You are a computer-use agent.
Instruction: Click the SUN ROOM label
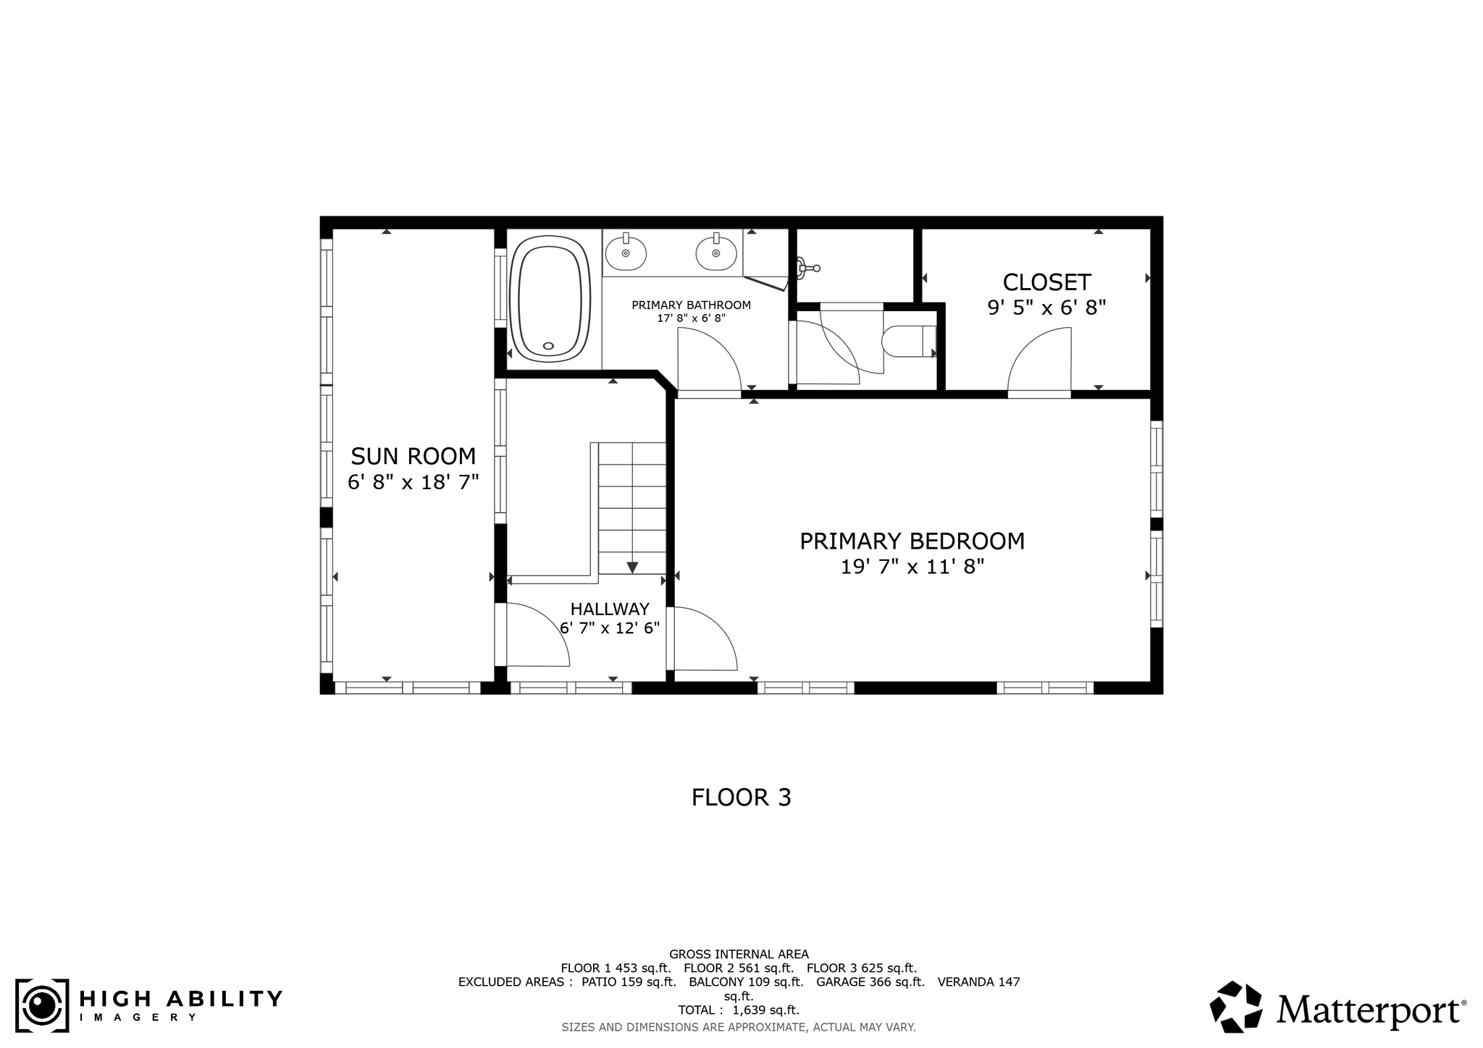tap(413, 456)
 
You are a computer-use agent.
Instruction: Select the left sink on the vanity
tap(625, 253)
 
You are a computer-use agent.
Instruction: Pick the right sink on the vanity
tap(715, 253)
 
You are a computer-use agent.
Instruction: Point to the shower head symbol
tap(807, 269)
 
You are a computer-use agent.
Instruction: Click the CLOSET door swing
tap(1038, 360)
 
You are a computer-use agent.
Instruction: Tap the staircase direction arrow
tap(632, 567)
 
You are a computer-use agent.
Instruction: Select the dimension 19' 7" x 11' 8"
tap(912, 567)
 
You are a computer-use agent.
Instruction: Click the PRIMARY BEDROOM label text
tap(912, 541)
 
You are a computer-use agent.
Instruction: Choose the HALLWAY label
tap(609, 609)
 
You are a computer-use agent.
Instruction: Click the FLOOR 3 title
tap(741, 798)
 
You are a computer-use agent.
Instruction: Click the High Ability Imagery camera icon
tap(42, 1005)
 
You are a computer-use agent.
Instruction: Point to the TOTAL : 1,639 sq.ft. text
tap(738, 1010)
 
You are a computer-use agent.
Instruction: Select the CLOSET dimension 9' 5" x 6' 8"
tap(1046, 308)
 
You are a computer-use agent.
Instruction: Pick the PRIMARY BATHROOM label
tap(691, 305)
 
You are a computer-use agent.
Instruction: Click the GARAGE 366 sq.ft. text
tap(870, 982)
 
